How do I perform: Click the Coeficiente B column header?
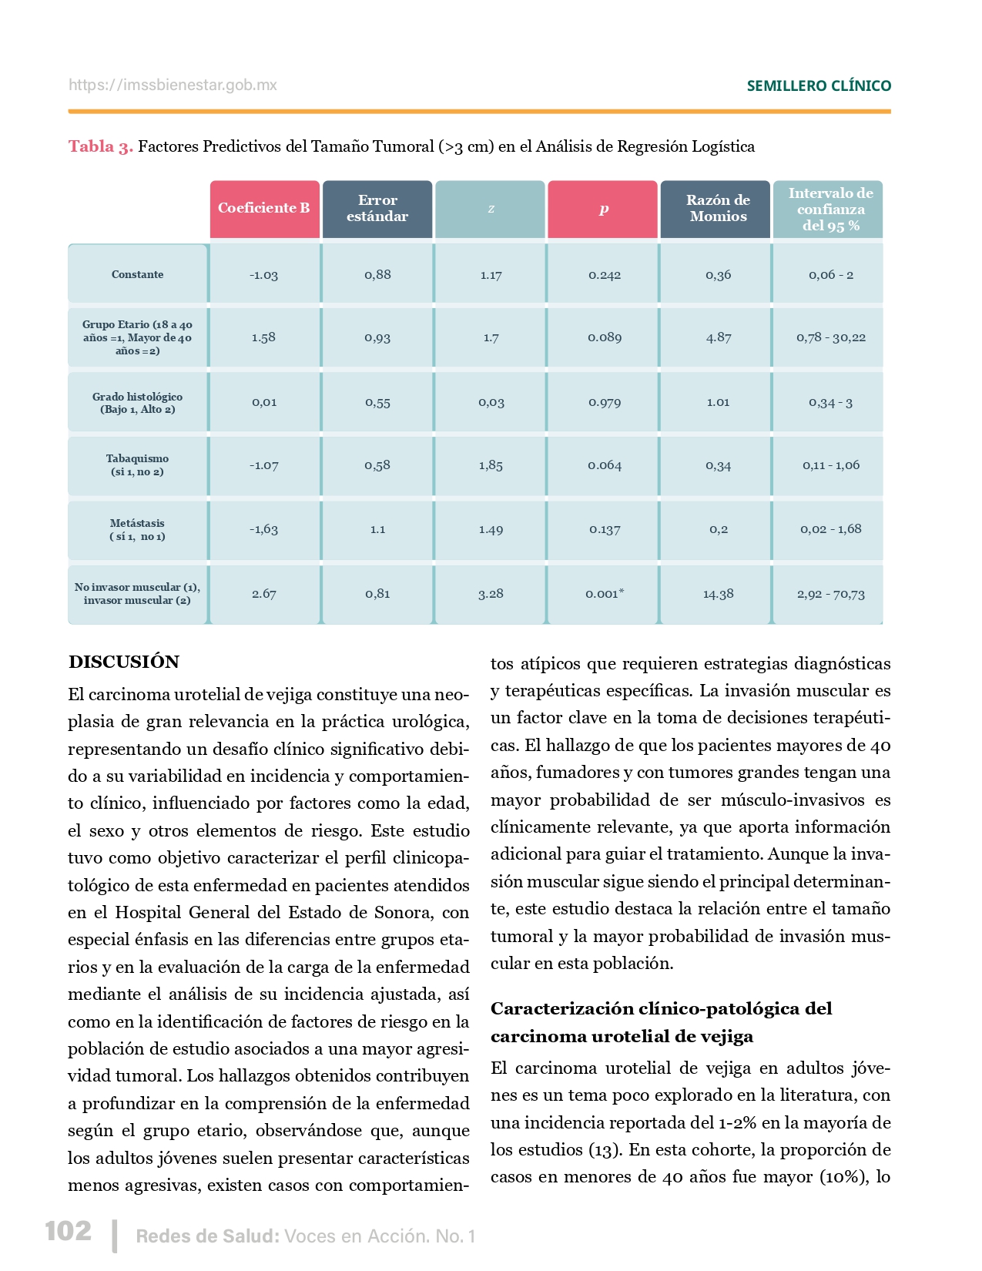point(264,209)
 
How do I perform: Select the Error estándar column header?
point(377,209)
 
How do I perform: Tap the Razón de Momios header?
point(718,209)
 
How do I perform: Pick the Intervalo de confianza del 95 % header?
point(830,209)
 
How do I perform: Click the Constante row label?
point(138,274)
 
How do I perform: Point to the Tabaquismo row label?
point(138,465)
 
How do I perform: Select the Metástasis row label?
point(138,529)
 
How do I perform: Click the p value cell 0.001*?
point(605,594)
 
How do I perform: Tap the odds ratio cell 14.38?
point(718,594)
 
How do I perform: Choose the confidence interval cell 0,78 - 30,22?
point(831,337)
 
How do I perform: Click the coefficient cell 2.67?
point(264,594)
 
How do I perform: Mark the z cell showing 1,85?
point(491,465)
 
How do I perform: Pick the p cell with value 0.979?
point(605,402)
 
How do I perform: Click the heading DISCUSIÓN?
point(124,662)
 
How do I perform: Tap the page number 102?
point(69,1231)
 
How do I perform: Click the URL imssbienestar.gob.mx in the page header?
point(173,85)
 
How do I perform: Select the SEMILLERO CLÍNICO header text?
point(819,86)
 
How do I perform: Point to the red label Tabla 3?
point(101,146)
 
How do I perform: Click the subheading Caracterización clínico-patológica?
point(661,1008)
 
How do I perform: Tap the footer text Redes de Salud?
point(207,1236)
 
